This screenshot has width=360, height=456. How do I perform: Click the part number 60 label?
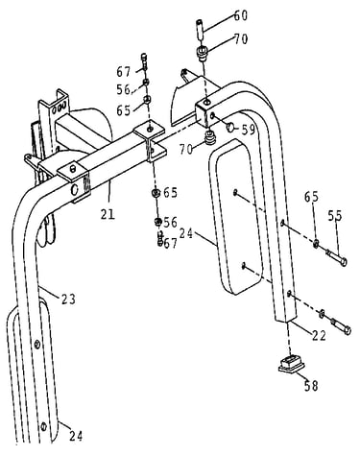pos(241,15)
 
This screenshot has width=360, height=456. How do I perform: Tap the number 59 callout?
pos(249,130)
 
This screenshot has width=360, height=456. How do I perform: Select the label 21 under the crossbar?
pos(108,214)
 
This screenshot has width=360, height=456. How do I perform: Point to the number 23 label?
pos(68,300)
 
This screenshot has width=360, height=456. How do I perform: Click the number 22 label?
pos(319,335)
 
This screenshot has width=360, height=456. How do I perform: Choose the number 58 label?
pos(311,386)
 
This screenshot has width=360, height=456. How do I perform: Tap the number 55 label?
pos(335,216)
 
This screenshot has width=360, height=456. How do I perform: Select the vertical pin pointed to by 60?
pos(200,30)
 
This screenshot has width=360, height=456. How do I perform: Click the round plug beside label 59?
pos(230,128)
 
